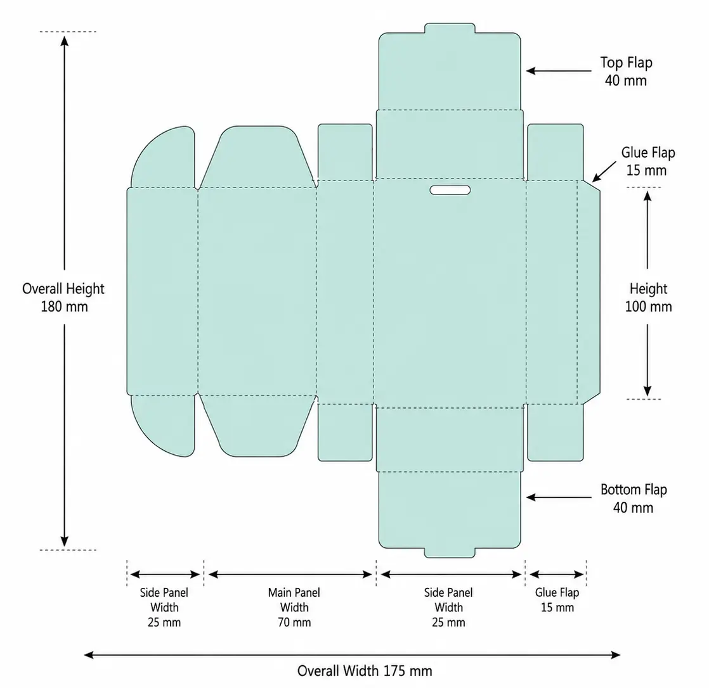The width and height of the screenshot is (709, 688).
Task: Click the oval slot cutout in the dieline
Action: pos(450,190)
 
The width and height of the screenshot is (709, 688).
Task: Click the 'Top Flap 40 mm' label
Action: pos(627,72)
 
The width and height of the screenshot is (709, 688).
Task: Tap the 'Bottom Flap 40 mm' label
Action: pos(634,499)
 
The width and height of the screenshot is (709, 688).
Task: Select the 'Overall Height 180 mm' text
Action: pos(63,297)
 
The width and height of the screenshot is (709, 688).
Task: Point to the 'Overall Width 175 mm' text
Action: pos(365,671)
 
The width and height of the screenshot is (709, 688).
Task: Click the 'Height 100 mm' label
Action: pos(648,297)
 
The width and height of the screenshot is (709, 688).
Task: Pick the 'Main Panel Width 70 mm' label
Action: pos(294,607)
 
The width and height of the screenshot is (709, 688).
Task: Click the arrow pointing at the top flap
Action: pos(559,71)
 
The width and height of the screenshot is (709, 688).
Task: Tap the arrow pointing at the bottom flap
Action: pos(559,497)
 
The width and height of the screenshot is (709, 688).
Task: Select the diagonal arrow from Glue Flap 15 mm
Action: pos(604,172)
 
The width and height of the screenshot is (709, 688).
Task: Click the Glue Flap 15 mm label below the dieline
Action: pos(557,600)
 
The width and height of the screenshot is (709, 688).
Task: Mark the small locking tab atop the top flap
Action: pos(450,28)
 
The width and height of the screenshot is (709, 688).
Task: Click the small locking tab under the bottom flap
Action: pos(450,552)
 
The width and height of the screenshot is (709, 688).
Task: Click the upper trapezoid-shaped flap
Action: pos(257,156)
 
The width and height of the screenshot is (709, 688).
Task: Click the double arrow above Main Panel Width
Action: pos(290,575)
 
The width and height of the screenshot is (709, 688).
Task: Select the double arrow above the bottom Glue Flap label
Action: pos(557,575)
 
